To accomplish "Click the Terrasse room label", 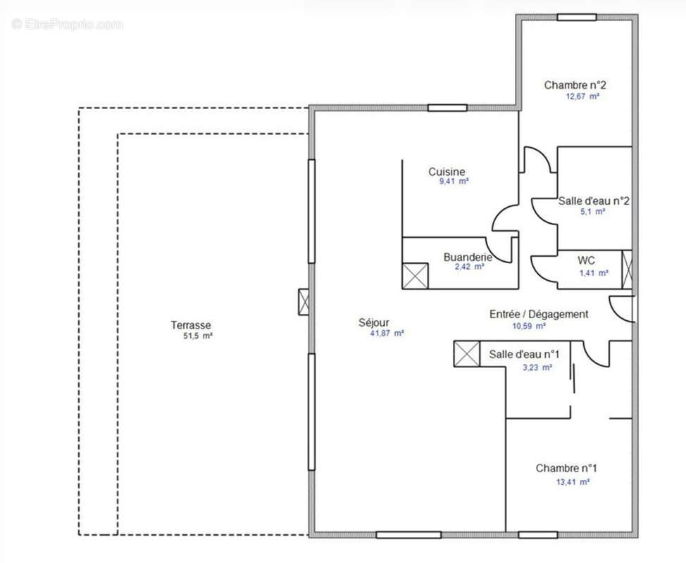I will point(190,325).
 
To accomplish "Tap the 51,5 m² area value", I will point(197,336).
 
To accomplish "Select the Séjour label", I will point(373,323).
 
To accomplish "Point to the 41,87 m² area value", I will point(387,334).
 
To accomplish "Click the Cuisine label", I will point(447,172).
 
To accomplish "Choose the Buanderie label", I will point(467,257).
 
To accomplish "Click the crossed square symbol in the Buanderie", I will point(415,275).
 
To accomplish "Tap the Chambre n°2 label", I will point(575,85).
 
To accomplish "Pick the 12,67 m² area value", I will point(582,96).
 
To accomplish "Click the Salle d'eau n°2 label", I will point(593,201).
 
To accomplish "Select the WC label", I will point(586,260).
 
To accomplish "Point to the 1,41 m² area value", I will point(593,273).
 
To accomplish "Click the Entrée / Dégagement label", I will point(539,315).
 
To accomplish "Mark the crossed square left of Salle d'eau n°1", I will point(466,354).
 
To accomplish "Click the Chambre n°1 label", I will point(566,468).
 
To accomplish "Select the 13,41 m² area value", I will point(573,482).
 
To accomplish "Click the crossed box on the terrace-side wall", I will point(304,302).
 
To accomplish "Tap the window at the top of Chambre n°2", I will point(577,17).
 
